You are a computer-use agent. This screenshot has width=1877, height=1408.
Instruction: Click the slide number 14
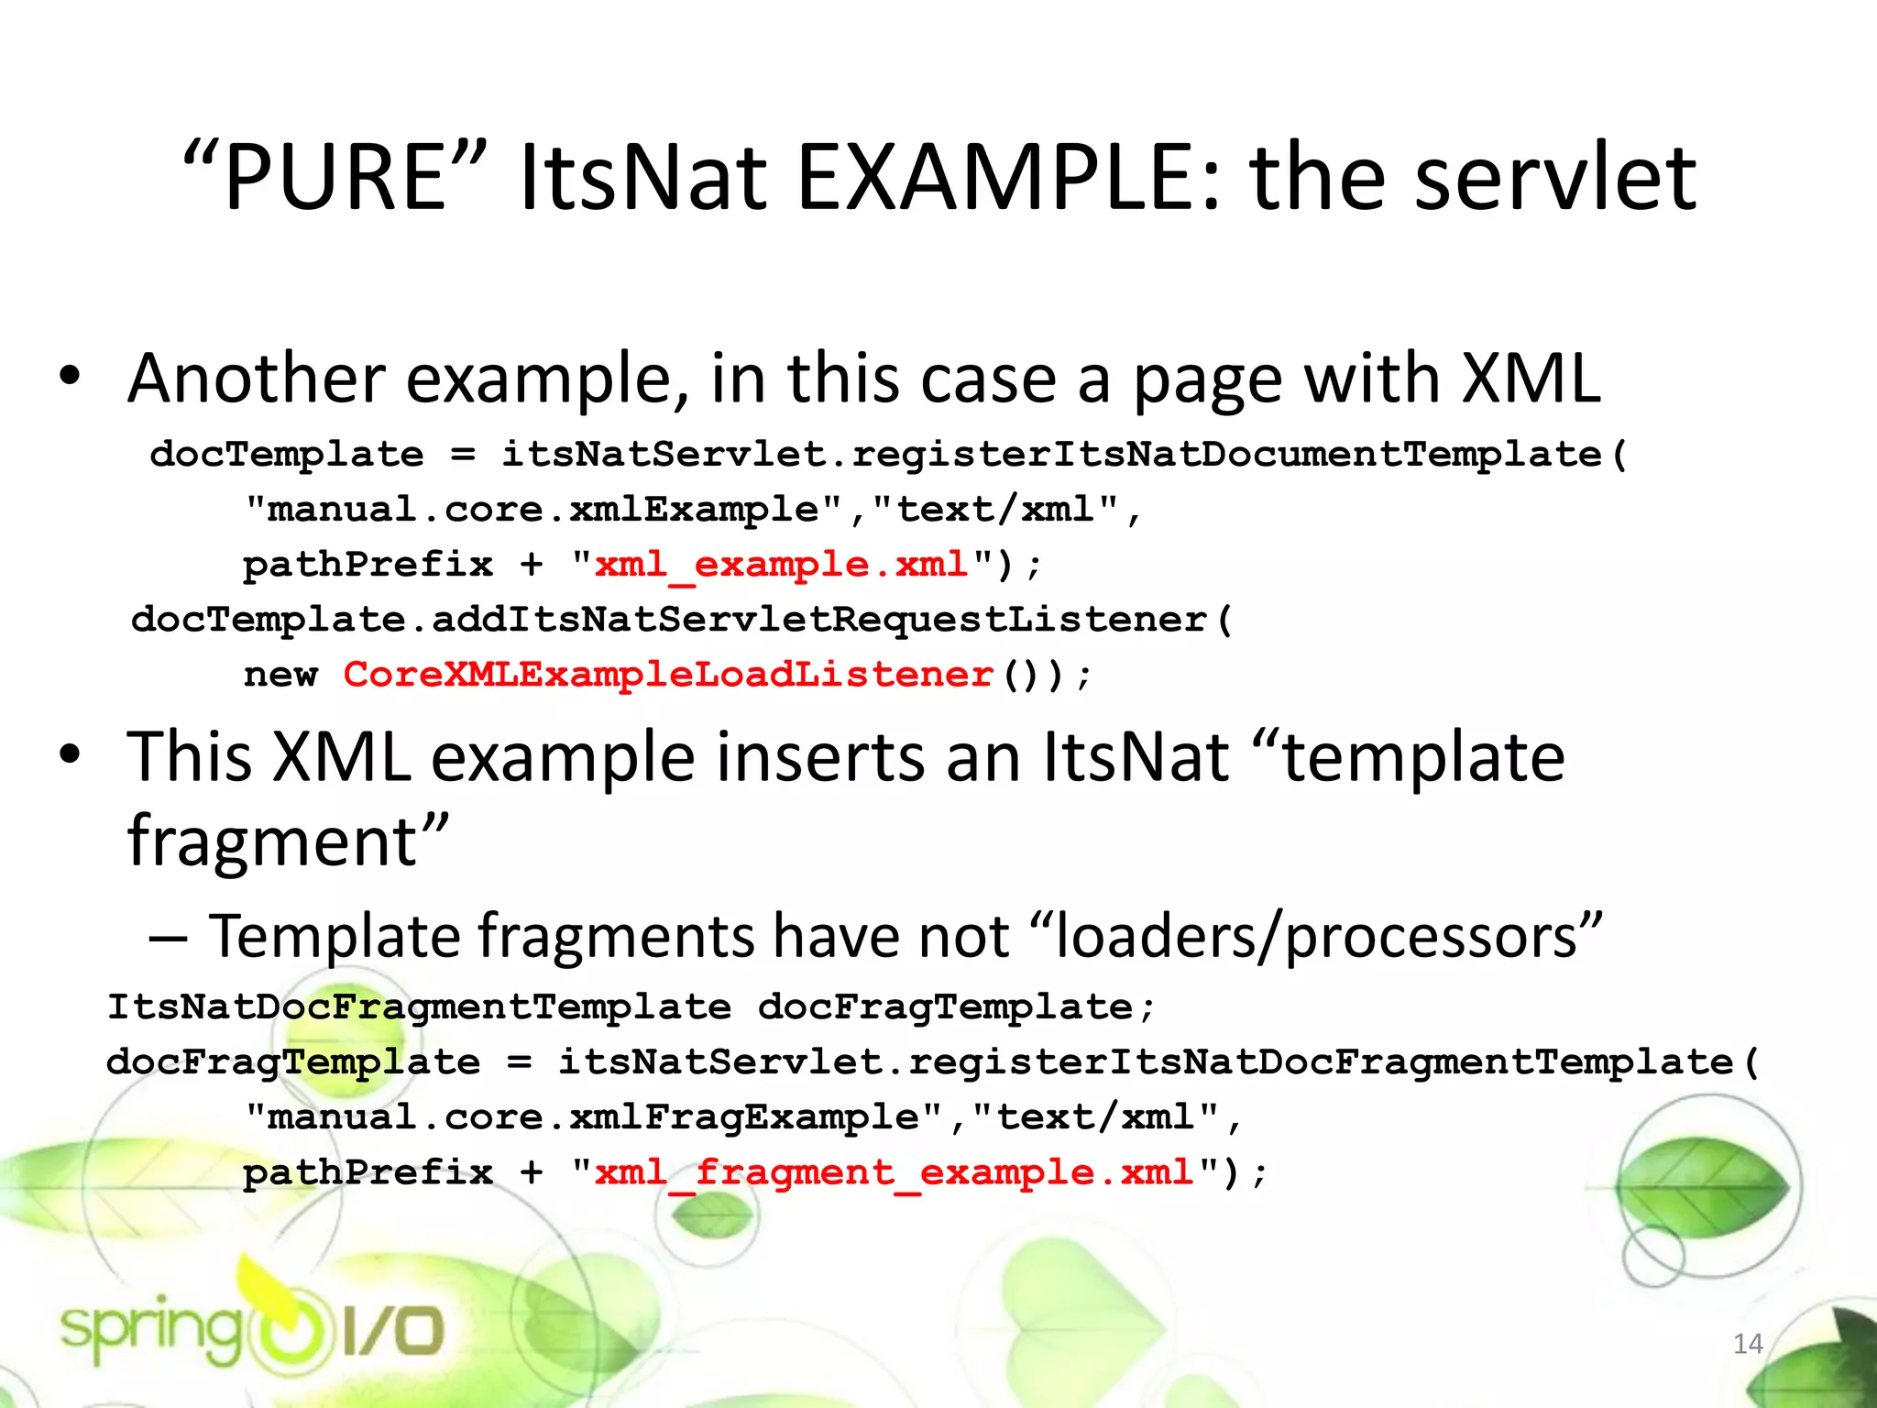pos(1748,1344)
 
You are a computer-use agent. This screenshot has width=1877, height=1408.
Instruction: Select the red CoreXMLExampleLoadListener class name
pos(668,675)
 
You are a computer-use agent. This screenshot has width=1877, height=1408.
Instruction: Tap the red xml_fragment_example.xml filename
pos(894,1172)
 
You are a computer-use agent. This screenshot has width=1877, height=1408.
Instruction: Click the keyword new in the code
pos(280,675)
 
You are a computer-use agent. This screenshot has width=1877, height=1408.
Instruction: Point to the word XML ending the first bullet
pos(1531,378)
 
